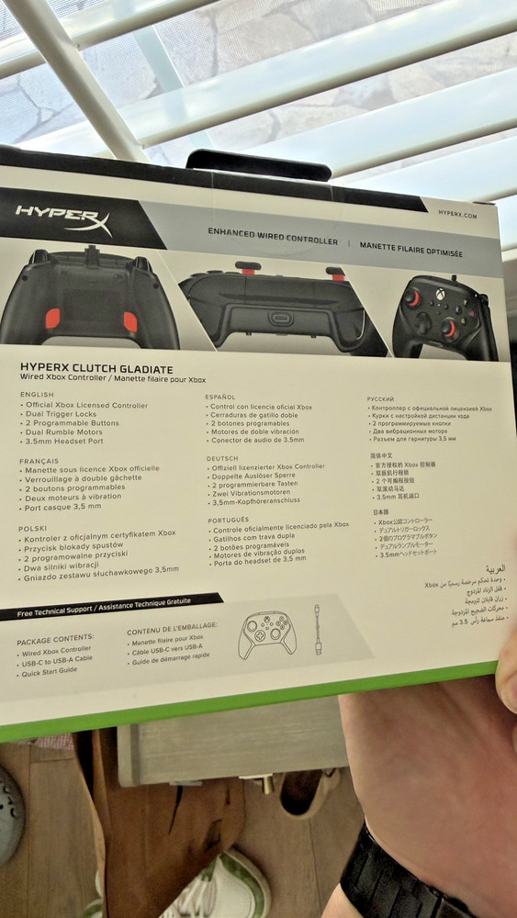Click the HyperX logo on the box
pyautogui.click(x=62, y=218)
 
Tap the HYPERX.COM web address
pyautogui.click(x=457, y=213)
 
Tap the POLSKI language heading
pyautogui.click(x=32, y=528)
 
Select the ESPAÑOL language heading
pyautogui.click(x=220, y=397)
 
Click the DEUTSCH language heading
pyautogui.click(x=222, y=457)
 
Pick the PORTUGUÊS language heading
pyautogui.click(x=228, y=519)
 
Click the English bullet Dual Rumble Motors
pyautogui.click(x=64, y=431)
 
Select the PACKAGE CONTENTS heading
pyautogui.click(x=55, y=636)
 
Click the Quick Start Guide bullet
pyautogui.click(x=51, y=670)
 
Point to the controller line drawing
pyautogui.click(x=266, y=633)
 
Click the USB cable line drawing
pyautogui.click(x=317, y=629)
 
